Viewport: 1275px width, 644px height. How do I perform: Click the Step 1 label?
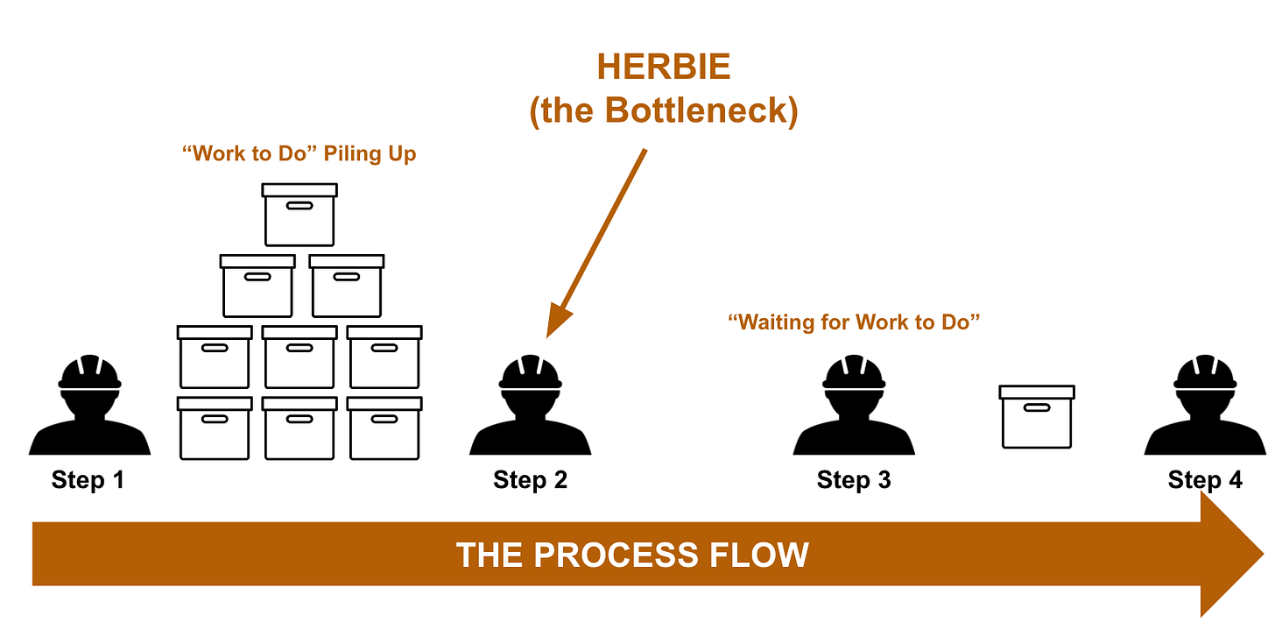[x=88, y=480]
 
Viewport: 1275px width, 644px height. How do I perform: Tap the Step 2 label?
[x=530, y=480]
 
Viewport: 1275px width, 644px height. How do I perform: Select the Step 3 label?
[x=854, y=480]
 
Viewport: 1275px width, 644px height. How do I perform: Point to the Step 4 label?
[x=1204, y=480]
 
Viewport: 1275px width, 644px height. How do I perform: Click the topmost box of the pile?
[x=299, y=214]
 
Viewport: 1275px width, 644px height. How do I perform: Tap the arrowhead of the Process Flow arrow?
[x=1230, y=555]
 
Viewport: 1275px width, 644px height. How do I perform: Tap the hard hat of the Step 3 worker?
[x=854, y=372]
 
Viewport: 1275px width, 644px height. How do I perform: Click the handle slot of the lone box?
[x=1037, y=409]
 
